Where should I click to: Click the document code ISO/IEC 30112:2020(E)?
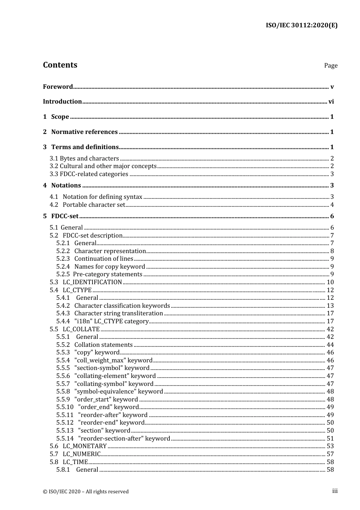pos(301,25)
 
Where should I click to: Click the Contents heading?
pos(60,65)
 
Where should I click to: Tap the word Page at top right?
pos(330,65)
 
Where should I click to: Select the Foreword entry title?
pos(58,87)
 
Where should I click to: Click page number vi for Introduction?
pos(331,101)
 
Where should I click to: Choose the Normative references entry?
pos(84,132)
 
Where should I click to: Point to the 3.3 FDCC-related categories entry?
pos(89,174)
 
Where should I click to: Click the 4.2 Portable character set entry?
pos(88,205)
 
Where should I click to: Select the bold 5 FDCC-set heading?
pos(61,216)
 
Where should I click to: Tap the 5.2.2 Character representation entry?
pos(101,251)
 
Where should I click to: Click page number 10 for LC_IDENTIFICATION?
pos(330,282)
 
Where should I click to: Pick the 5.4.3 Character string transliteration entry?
pos(110,313)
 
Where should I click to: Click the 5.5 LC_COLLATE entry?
pos(75,329)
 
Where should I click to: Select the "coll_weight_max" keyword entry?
pos(105,360)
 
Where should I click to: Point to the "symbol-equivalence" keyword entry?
pos(110,391)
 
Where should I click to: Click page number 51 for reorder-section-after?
pos(330,438)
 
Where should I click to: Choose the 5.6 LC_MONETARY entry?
pos(78,446)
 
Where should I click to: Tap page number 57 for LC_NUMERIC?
pos(330,454)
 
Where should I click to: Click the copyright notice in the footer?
pos(86,491)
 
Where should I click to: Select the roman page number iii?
pos(335,491)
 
